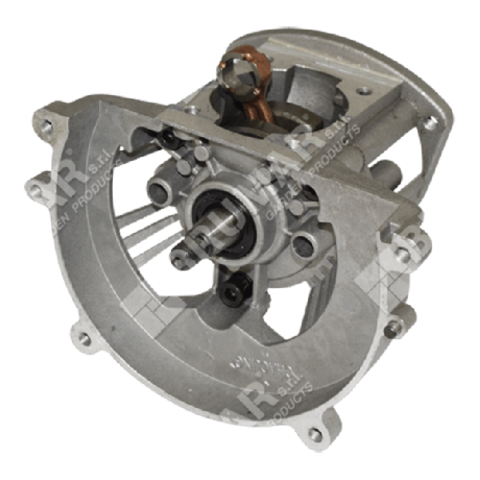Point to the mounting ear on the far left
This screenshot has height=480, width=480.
[35, 190]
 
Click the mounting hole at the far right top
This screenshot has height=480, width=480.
[431, 122]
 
